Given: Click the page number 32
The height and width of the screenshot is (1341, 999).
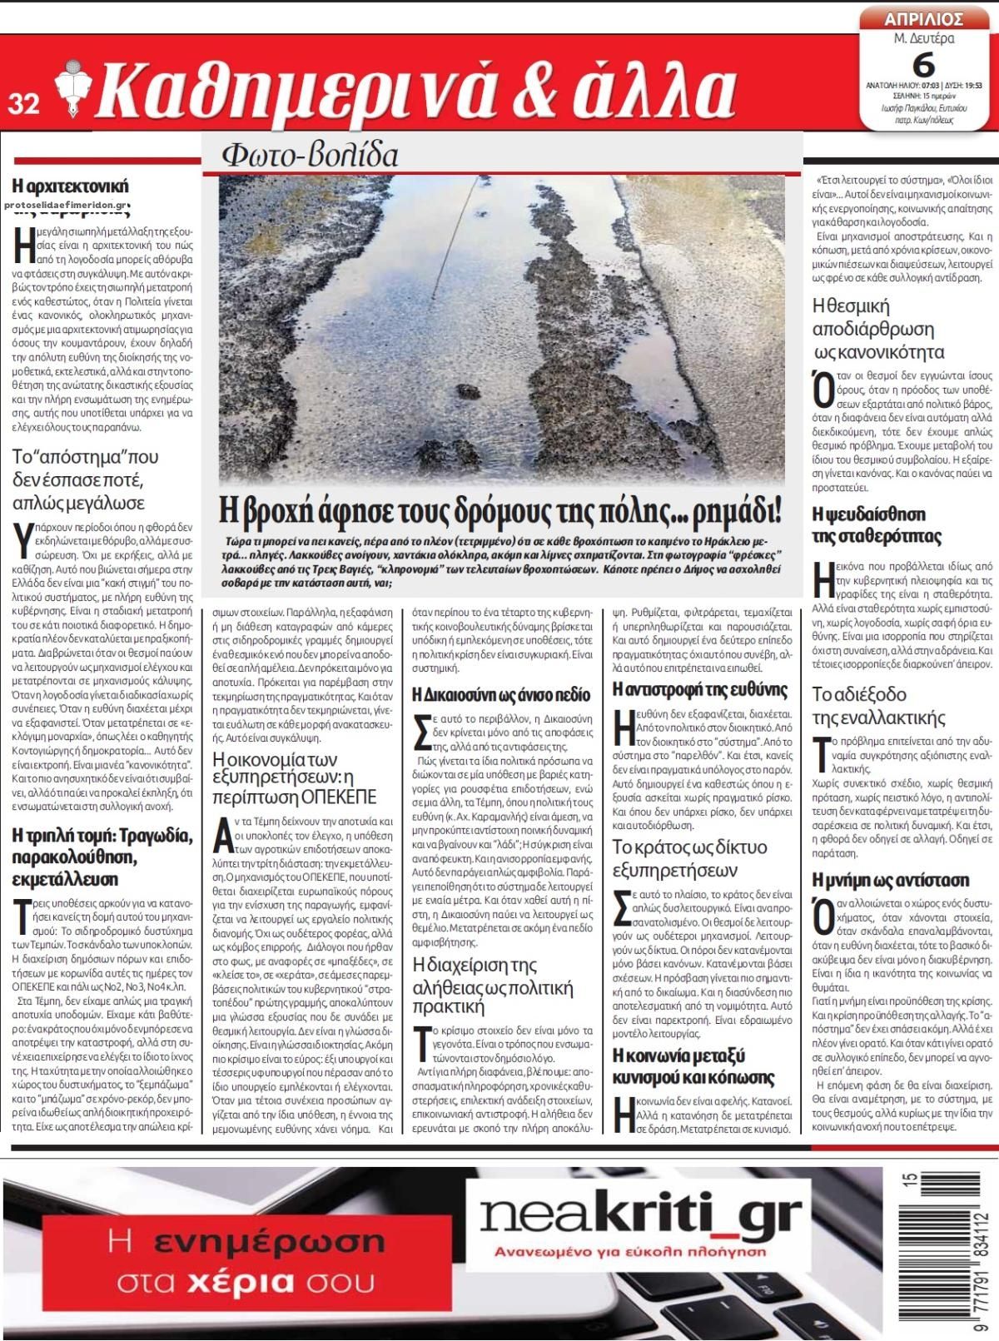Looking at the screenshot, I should tap(24, 103).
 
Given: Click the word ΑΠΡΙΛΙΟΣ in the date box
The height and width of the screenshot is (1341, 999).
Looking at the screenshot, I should tap(924, 19).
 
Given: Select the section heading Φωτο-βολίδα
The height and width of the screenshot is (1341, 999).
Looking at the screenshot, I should tap(310, 155).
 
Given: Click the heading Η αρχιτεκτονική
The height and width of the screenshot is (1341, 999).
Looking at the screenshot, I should tap(71, 185).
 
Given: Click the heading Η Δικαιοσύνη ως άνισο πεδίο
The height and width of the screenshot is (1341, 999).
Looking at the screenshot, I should tap(501, 694).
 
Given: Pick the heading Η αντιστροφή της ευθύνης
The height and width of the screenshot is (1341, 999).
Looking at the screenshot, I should tap(699, 688).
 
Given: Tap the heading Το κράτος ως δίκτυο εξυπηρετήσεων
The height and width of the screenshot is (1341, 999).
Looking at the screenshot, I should tap(689, 859).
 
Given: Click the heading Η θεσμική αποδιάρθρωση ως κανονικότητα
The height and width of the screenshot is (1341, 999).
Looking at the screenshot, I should tap(878, 328).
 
